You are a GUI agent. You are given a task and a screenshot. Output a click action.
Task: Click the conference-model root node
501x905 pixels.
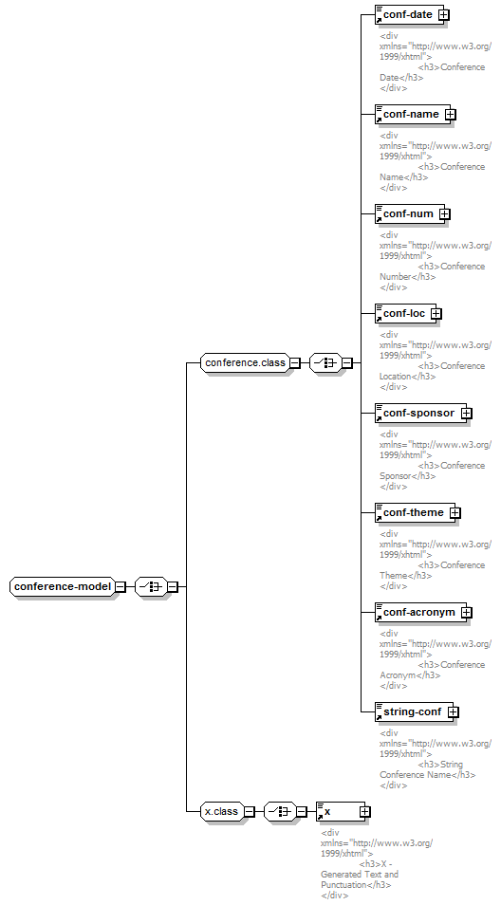click(x=63, y=586)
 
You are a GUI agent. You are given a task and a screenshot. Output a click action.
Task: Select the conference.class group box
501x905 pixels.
click(x=246, y=363)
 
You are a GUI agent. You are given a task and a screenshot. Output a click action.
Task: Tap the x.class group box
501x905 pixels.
click(x=222, y=811)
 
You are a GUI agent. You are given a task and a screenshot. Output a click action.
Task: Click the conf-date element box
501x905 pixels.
click(x=407, y=15)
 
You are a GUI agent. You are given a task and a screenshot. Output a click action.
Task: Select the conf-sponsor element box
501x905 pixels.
click(x=418, y=414)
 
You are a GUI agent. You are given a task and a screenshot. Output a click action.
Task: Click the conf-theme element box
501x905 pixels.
click(x=414, y=513)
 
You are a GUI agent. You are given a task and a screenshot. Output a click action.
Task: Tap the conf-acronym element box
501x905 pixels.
click(x=419, y=613)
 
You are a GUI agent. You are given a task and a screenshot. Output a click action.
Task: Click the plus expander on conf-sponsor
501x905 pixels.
click(x=467, y=414)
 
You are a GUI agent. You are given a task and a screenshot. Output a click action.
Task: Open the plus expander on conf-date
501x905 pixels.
click(x=444, y=15)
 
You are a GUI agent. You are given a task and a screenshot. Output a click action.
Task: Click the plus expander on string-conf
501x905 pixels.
click(x=454, y=712)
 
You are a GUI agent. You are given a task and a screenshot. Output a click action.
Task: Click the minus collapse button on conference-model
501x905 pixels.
click(x=121, y=586)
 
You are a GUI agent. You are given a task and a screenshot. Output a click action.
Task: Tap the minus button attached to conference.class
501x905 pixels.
click(x=295, y=363)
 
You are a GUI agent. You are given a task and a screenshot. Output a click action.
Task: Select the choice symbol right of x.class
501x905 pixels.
click(x=280, y=811)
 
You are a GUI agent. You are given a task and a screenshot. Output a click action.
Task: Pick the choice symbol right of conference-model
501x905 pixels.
click(x=151, y=586)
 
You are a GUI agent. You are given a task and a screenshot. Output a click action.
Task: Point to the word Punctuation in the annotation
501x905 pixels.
click(x=344, y=885)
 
